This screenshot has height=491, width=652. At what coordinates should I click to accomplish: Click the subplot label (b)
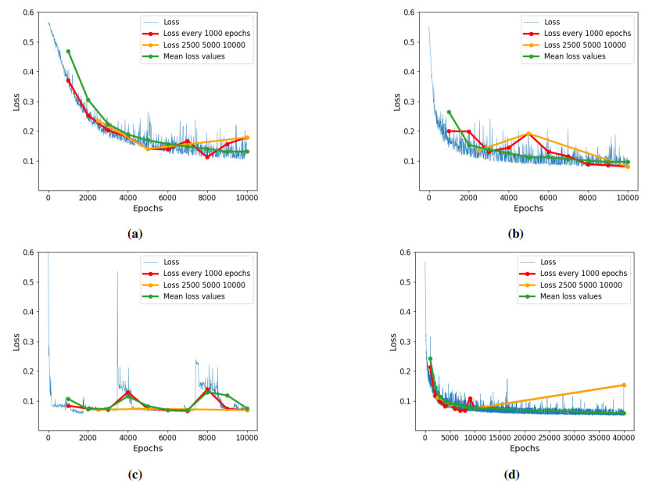click(x=516, y=233)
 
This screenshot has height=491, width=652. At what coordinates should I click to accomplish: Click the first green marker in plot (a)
click(x=68, y=52)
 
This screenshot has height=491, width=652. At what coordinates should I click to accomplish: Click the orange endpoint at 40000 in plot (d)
click(x=624, y=385)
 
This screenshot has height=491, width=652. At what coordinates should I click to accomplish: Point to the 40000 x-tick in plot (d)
click(x=624, y=438)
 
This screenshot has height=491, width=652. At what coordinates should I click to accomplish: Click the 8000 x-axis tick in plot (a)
click(x=207, y=198)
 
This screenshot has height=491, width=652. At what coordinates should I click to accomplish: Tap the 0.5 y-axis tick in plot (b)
click(x=410, y=42)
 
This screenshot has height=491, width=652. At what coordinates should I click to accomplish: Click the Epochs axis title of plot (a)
click(x=148, y=210)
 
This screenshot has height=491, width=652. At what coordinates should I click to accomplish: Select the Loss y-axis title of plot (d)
click(x=392, y=342)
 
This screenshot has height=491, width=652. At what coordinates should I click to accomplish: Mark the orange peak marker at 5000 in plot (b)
click(x=528, y=134)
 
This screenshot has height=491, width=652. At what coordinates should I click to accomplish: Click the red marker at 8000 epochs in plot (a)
click(x=207, y=156)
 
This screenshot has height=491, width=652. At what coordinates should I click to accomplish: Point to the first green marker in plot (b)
click(x=449, y=112)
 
